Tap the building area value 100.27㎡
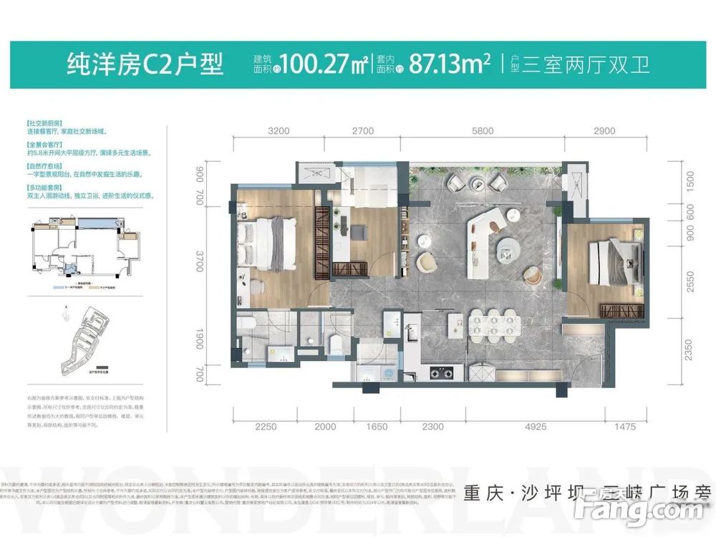(x=326, y=65)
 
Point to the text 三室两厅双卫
(x=587, y=65)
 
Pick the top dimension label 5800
(x=483, y=131)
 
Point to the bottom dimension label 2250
(x=266, y=427)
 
